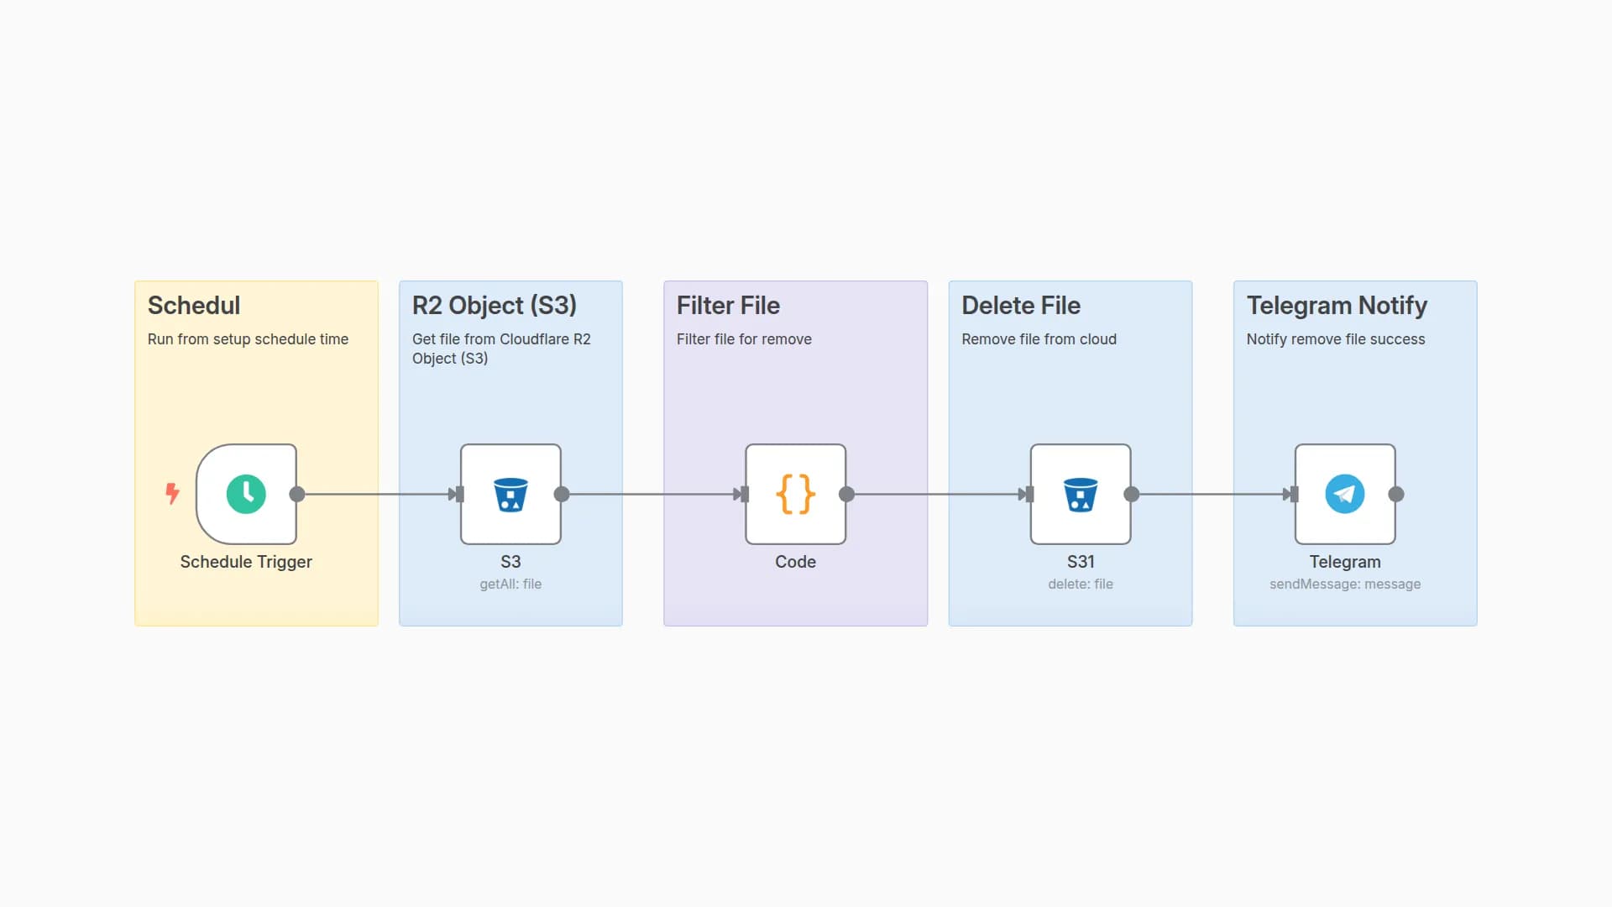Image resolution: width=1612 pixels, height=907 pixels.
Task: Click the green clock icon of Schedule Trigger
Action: (x=246, y=494)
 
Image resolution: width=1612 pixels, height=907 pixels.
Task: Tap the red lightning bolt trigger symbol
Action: (x=172, y=493)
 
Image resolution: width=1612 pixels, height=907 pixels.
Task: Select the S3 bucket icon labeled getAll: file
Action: (x=510, y=494)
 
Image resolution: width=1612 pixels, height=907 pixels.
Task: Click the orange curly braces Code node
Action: (x=795, y=494)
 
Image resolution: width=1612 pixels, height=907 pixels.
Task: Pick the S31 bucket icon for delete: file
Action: (x=1081, y=494)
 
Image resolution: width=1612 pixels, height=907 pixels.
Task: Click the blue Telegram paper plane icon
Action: (x=1344, y=494)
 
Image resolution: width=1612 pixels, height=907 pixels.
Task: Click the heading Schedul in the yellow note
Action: (x=194, y=306)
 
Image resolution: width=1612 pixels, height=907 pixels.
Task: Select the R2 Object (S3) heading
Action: (x=494, y=306)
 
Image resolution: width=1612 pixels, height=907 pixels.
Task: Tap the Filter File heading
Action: (x=728, y=306)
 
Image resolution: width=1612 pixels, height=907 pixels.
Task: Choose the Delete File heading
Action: (x=1020, y=306)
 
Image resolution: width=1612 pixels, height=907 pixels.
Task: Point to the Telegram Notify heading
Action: (x=1337, y=306)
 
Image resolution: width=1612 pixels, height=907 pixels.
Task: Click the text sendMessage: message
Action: (x=1344, y=584)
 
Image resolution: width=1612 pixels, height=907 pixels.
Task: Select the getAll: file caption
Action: (x=510, y=584)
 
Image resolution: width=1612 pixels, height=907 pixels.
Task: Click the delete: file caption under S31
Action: (x=1080, y=584)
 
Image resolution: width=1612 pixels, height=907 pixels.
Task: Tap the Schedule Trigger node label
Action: (x=246, y=562)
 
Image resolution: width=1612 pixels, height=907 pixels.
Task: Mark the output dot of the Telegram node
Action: (x=1396, y=494)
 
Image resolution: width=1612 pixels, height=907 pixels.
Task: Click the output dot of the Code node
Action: (x=846, y=494)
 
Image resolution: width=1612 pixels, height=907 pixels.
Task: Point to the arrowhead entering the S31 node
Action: (x=1024, y=494)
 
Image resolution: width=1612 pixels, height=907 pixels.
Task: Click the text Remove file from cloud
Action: (x=1039, y=339)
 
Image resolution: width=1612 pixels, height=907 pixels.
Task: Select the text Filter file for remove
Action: (x=744, y=339)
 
